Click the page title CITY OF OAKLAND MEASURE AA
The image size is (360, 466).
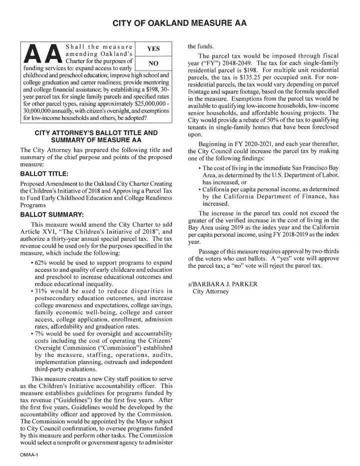pos(179,24)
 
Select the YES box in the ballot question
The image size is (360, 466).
pos(153,49)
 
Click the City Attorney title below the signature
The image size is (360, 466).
pos(210,292)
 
